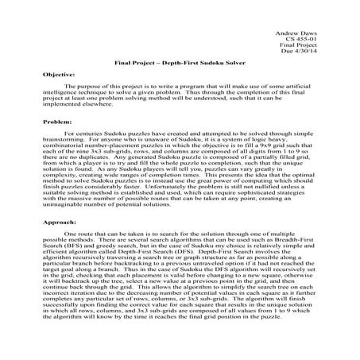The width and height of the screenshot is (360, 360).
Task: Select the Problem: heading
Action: [x=56, y=123]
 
